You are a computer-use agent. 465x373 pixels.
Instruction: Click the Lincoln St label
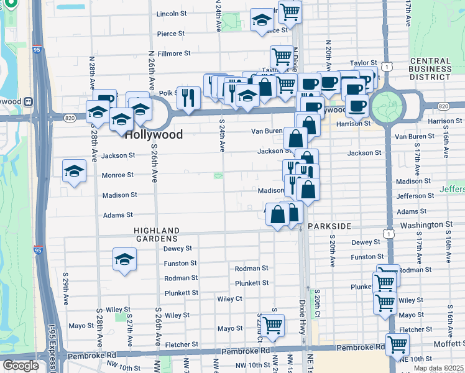[171, 14]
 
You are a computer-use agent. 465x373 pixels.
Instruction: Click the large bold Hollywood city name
[154, 134]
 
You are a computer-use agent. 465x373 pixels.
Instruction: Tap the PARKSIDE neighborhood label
[329, 226]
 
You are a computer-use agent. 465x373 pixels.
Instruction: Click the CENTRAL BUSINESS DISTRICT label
[430, 69]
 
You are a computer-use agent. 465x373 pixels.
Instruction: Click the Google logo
[20, 365]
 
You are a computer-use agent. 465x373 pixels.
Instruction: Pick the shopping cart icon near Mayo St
[272, 325]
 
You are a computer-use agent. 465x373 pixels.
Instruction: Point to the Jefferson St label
[415, 196]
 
